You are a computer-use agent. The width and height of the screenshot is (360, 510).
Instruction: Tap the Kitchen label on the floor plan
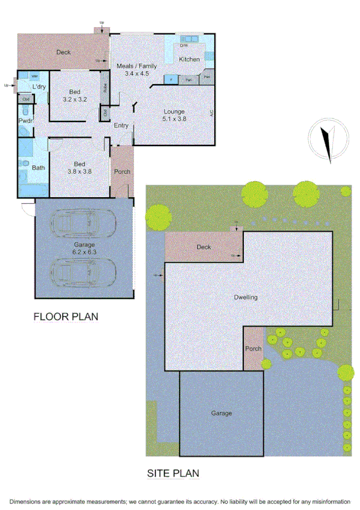(x=189, y=60)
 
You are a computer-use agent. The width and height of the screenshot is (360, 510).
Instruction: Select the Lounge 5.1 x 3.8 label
(x=174, y=115)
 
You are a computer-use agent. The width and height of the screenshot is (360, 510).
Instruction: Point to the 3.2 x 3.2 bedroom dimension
(x=75, y=99)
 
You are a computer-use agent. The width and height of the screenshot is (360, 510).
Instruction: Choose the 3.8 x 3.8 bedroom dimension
(x=79, y=171)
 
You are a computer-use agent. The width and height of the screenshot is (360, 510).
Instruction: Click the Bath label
(x=38, y=168)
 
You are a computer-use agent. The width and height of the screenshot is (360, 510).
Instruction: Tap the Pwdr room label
(x=25, y=121)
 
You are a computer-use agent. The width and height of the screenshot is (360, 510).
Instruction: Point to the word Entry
(x=121, y=125)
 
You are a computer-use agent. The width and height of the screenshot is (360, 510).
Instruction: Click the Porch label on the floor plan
(x=122, y=171)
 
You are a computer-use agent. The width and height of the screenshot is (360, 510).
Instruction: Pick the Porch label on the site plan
(x=252, y=349)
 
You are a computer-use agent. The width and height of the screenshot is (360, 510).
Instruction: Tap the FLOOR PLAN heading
(x=66, y=316)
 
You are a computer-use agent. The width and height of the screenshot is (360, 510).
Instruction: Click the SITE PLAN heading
(x=173, y=473)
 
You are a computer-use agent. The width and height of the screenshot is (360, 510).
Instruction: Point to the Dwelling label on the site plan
(x=245, y=297)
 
